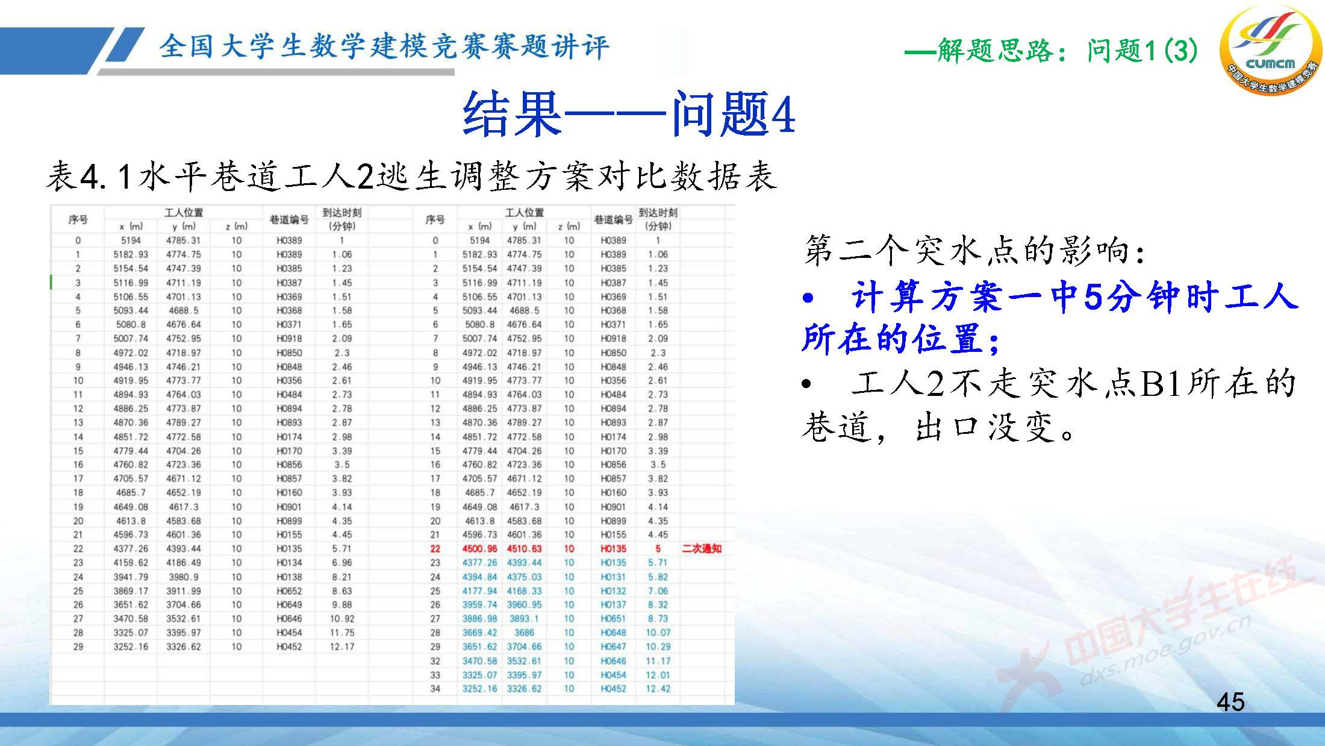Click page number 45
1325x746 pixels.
(1230, 702)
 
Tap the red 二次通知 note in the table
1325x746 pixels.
(701, 548)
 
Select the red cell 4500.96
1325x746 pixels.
(479, 548)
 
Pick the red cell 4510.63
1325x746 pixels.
(524, 548)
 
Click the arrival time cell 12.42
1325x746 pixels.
(658, 689)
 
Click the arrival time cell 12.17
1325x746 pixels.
(342, 647)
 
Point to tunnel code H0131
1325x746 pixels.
(613, 577)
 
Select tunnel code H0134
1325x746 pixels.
(289, 562)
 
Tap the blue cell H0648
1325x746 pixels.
(613, 633)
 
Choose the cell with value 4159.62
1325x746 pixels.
(131, 562)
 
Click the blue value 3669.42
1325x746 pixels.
(479, 633)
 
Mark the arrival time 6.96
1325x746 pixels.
(342, 562)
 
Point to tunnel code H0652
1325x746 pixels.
(289, 591)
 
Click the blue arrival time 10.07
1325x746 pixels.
(658, 633)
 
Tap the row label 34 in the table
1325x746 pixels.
(435, 689)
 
